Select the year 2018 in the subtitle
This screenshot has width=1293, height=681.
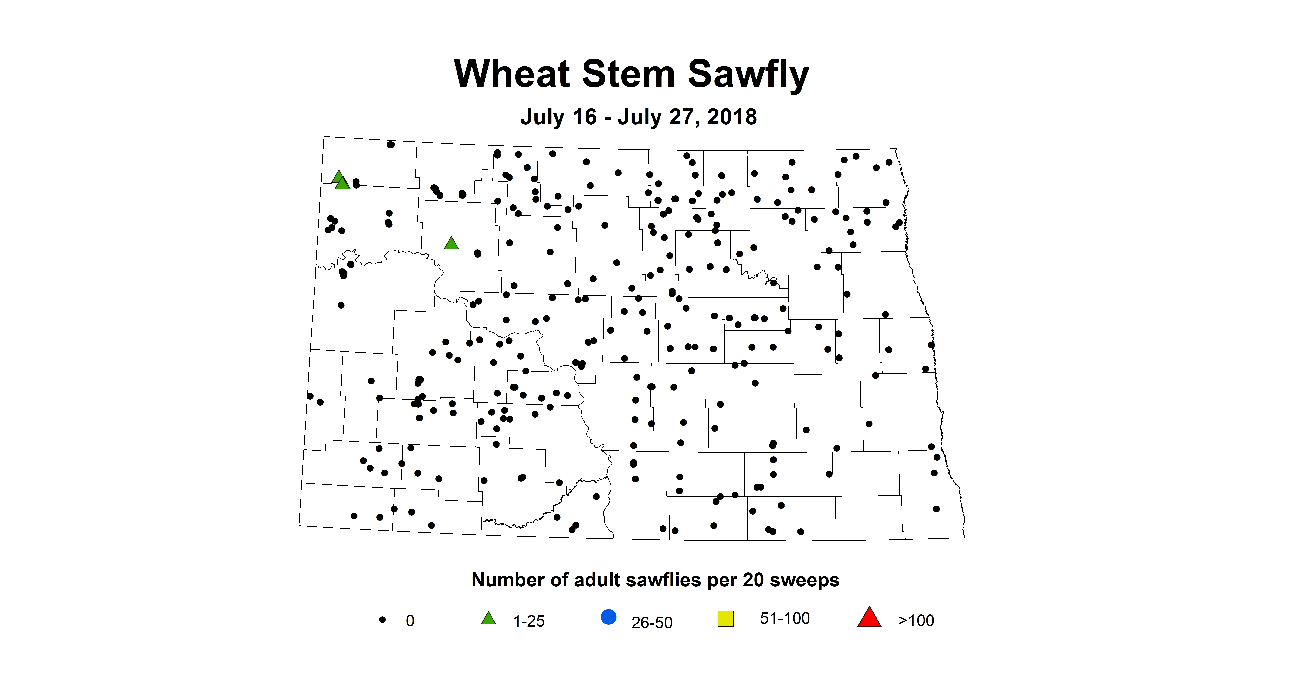732,117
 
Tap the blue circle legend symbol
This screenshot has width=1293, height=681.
608,617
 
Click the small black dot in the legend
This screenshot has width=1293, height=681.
382,620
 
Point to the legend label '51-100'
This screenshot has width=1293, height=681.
785,618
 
